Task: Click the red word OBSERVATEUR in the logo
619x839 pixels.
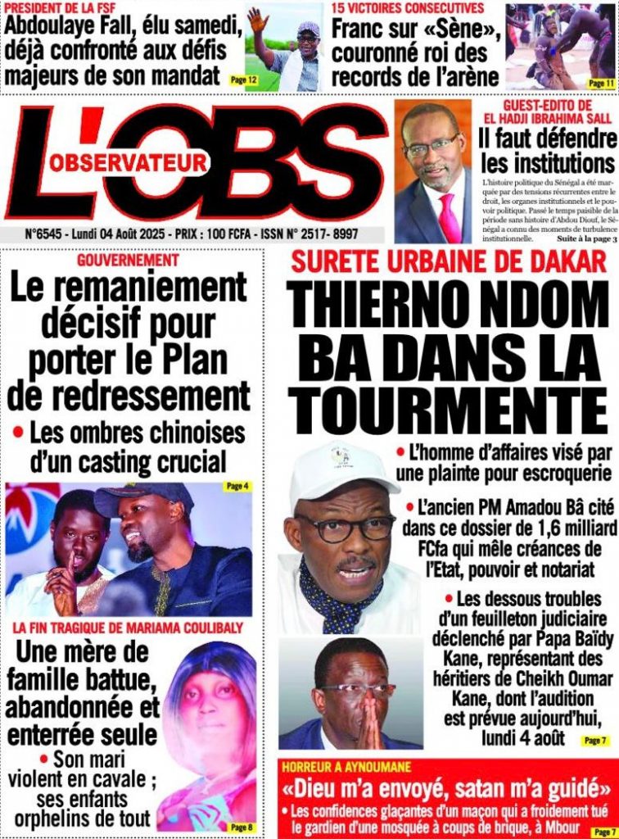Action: [x=128, y=163]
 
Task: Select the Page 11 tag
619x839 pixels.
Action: [x=600, y=83]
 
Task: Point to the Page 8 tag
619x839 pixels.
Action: [x=240, y=827]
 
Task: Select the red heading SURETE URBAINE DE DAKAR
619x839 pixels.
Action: [x=449, y=262]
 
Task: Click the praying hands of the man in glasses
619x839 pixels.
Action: [x=358, y=718]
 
